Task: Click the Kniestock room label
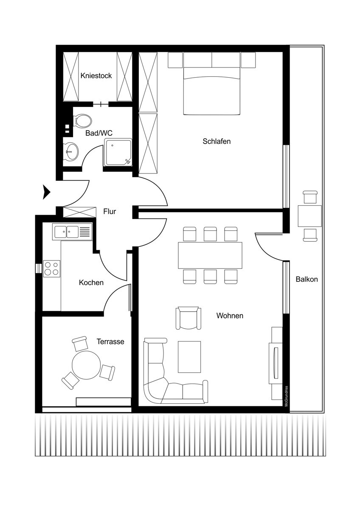[x=96, y=76]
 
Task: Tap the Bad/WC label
[x=99, y=133]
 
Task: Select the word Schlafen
[x=217, y=141]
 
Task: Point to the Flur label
[x=110, y=211]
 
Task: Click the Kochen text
[x=91, y=282]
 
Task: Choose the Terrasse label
[x=110, y=341]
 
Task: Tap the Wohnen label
[x=230, y=316]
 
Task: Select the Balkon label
[x=307, y=279]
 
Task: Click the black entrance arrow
[x=46, y=192]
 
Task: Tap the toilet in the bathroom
[x=83, y=120]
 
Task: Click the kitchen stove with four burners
[x=52, y=268]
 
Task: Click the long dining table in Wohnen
[x=210, y=255]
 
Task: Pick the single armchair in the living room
[x=188, y=318]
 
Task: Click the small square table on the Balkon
[x=309, y=216]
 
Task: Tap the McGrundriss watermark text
[x=287, y=396]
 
